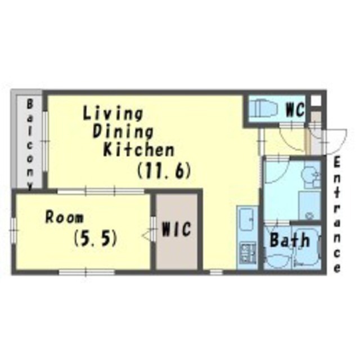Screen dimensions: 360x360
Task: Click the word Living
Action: coord(112,113)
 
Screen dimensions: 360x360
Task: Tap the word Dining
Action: coord(123,132)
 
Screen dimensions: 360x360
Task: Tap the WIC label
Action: coord(176,229)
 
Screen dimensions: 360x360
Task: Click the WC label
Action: coord(295,110)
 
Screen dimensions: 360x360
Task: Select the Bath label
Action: coord(290,240)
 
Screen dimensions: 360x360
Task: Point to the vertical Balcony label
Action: coord(30,145)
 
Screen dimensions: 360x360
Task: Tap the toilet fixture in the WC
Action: coord(264,108)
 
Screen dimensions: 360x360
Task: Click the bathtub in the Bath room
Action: coord(307,248)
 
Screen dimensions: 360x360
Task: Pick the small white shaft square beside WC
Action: coord(316,101)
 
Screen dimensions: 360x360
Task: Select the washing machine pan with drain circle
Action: coord(310,206)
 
